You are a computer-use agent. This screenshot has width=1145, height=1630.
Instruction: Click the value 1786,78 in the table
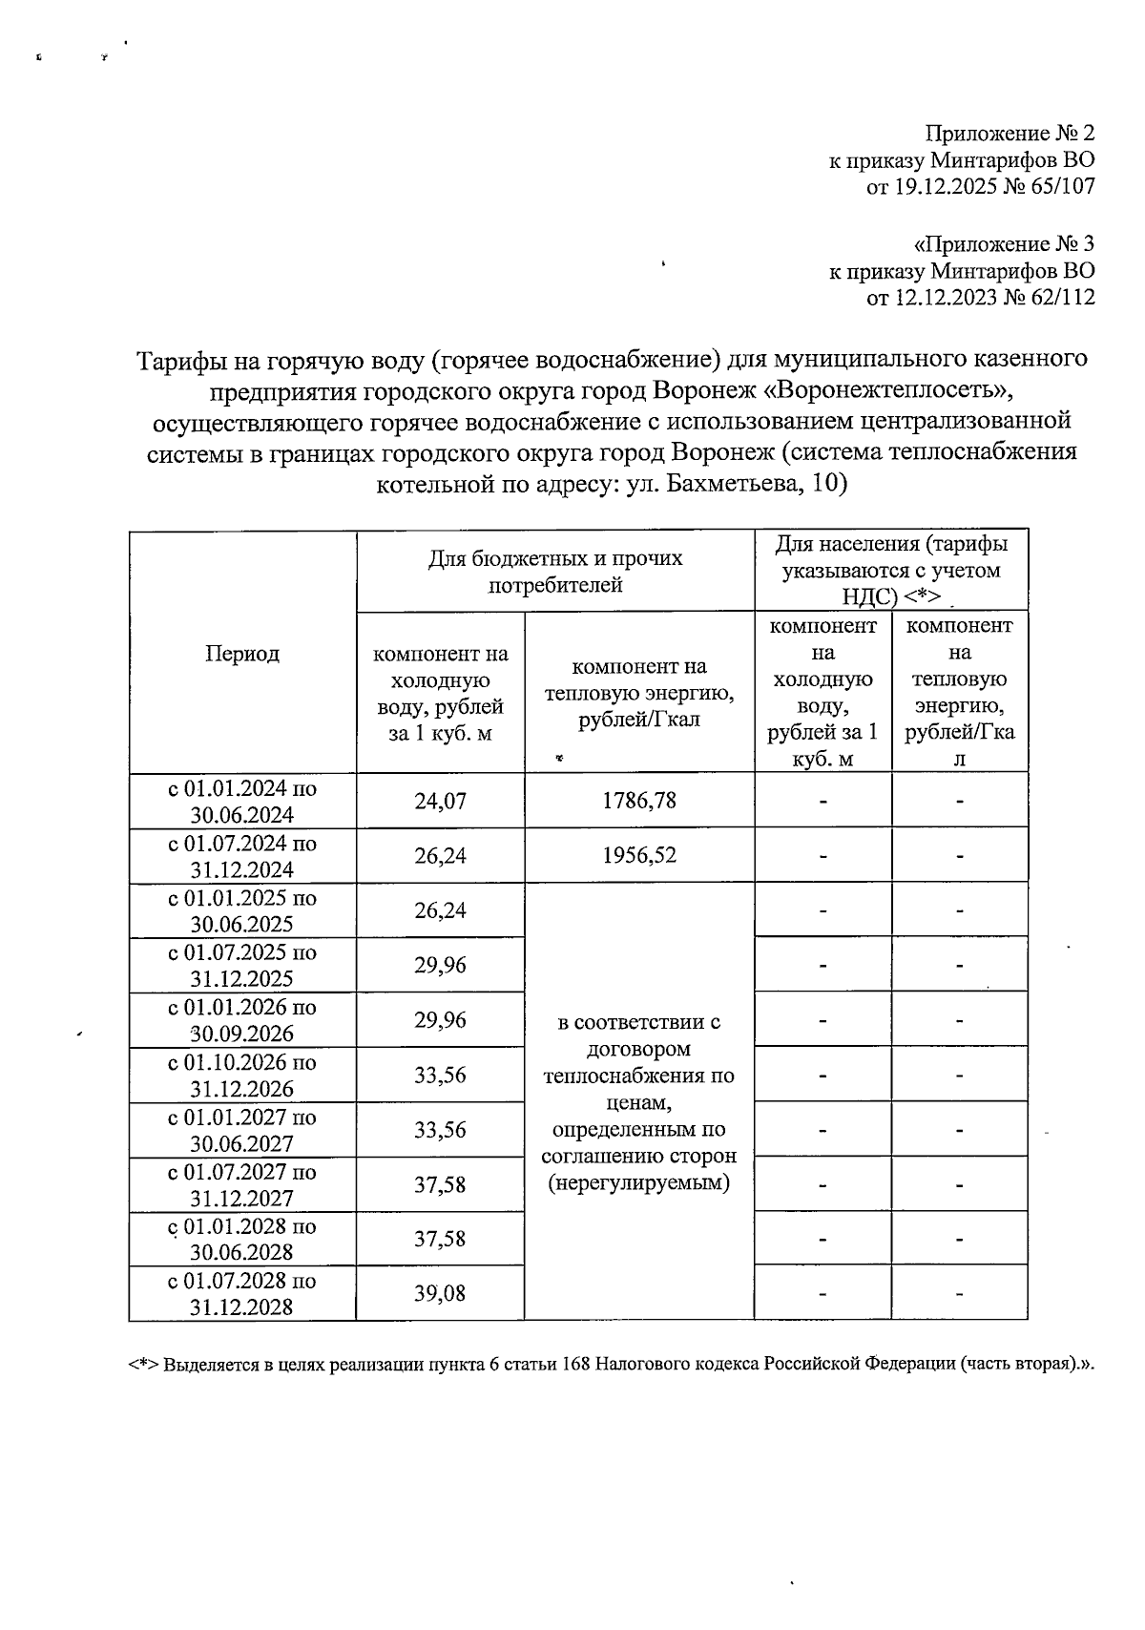click(x=638, y=801)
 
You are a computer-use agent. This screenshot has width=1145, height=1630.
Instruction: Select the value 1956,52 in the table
click(x=638, y=855)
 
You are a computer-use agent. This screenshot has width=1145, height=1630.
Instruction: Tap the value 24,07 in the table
click(x=440, y=801)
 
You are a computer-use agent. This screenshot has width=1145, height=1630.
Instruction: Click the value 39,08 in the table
click(x=440, y=1294)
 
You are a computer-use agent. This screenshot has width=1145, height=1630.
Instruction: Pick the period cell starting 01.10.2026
click(x=242, y=1076)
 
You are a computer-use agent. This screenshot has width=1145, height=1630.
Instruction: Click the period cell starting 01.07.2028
click(x=242, y=1294)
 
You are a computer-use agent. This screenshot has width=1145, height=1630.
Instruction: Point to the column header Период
click(x=242, y=654)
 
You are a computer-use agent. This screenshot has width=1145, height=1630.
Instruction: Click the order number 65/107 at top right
click(x=1060, y=187)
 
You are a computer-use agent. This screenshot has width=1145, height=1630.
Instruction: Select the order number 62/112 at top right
click(x=1060, y=298)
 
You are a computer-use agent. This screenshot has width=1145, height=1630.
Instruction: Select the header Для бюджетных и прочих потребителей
click(x=555, y=571)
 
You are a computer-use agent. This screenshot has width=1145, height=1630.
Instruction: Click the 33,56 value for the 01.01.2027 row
click(x=440, y=1130)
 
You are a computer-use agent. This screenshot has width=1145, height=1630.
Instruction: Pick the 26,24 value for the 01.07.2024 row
click(x=440, y=855)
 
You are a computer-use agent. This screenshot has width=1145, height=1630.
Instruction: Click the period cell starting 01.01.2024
click(x=242, y=802)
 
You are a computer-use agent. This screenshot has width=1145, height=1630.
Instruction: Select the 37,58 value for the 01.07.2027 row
click(x=440, y=1184)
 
